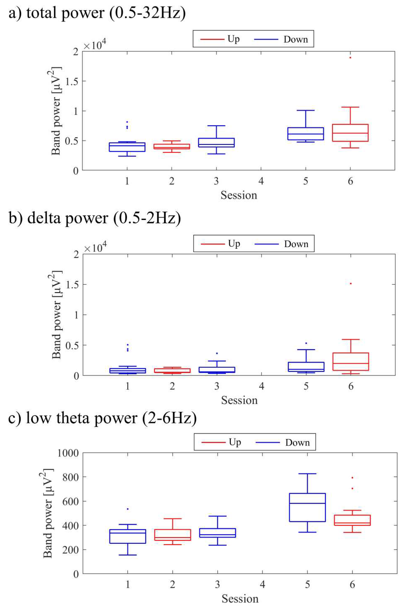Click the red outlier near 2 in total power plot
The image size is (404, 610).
[x=350, y=57]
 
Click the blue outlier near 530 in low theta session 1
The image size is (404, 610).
[x=127, y=509]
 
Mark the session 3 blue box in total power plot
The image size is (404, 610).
[x=217, y=143]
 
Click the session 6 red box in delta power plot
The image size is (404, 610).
[x=351, y=362]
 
